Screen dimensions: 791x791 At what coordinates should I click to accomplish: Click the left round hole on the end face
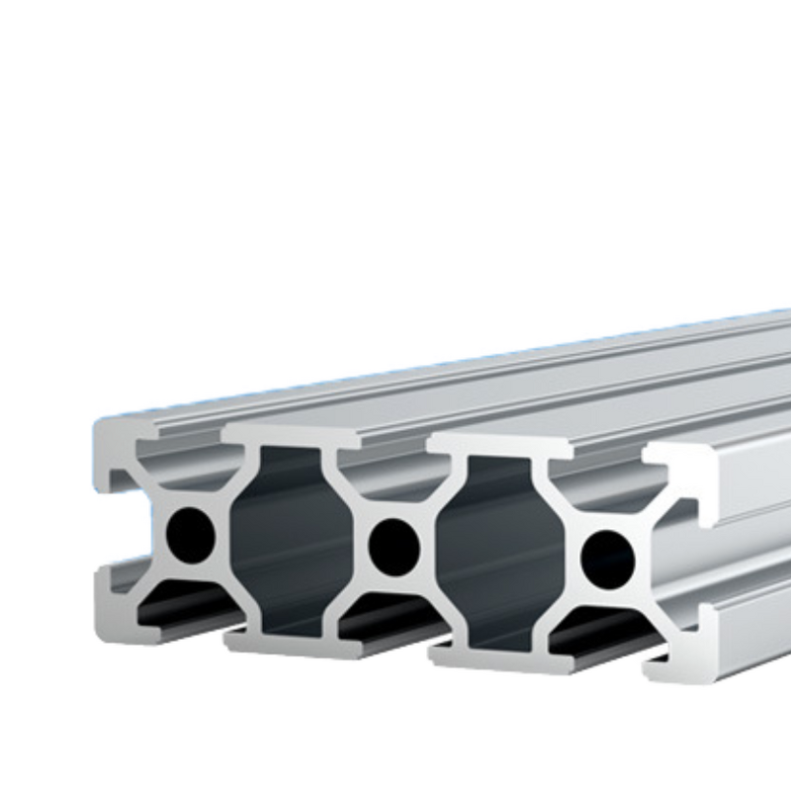pyautogui.click(x=192, y=534)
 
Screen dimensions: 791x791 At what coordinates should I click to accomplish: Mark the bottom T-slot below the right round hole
pyautogui.click(x=603, y=638)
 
